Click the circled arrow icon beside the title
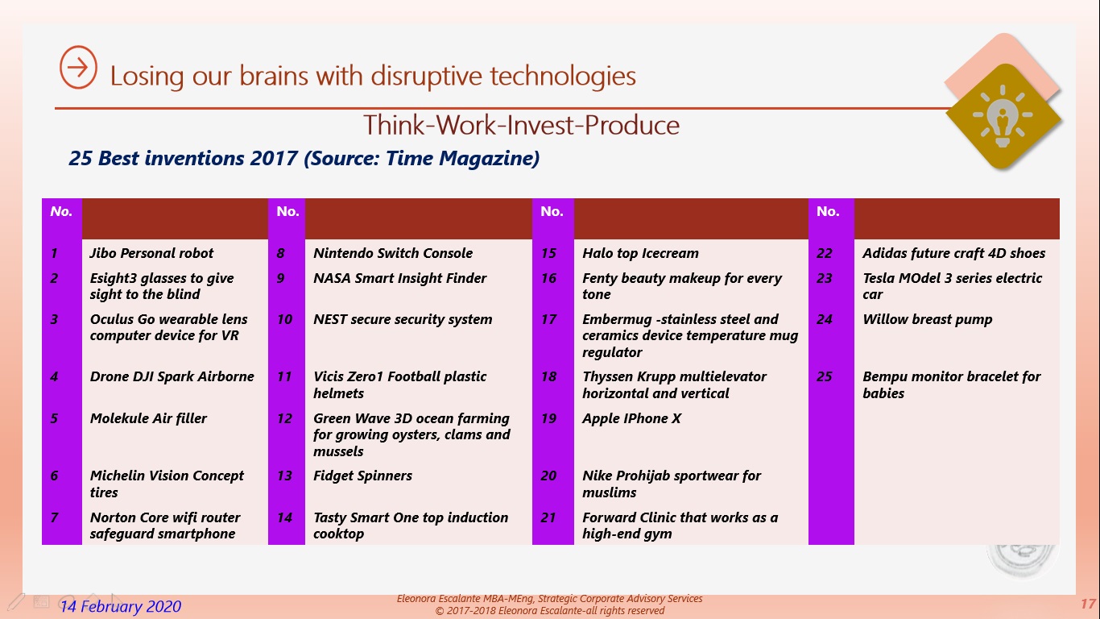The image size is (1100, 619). coord(78,67)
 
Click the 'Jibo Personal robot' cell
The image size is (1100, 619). coord(151,253)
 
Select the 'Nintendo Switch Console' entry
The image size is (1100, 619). coord(393,253)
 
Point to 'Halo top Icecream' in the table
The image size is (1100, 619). coord(640,253)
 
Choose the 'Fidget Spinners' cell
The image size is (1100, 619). coord(363,476)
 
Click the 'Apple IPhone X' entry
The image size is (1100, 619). coord(631,418)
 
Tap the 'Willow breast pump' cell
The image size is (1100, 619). coord(927,320)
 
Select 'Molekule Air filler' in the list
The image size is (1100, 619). coord(148,418)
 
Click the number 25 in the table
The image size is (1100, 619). coord(825,376)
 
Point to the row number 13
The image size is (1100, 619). coord(284,476)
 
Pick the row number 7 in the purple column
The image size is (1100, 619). coord(54,517)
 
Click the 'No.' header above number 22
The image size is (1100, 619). coord(828,211)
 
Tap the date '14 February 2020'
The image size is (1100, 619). coord(121,606)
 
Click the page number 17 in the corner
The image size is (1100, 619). coord(1088,604)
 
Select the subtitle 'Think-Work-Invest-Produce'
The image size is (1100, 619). coord(521,125)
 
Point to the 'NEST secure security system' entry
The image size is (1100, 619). coord(403,320)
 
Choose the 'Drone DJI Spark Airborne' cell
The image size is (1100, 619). coord(172,376)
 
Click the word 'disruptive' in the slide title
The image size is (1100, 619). coord(426,76)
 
